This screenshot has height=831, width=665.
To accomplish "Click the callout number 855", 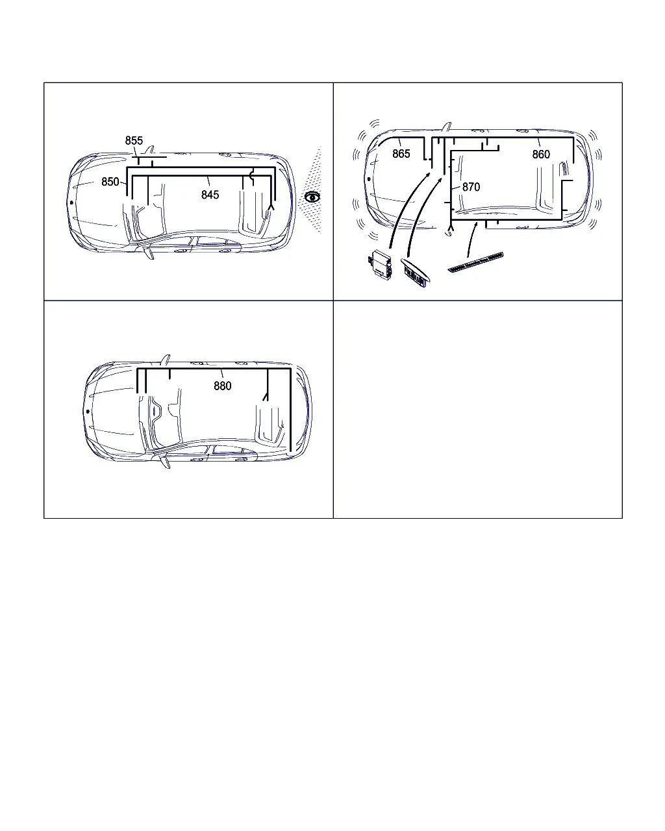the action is pyautogui.click(x=134, y=141).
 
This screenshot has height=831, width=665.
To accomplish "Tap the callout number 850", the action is pyautogui.click(x=110, y=182).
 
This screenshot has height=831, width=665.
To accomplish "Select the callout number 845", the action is pyautogui.click(x=210, y=195).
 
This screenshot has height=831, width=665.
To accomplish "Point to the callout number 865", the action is pyautogui.click(x=401, y=154).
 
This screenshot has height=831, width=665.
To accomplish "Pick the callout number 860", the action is pyautogui.click(x=541, y=155).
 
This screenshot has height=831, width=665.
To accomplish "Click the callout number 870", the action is pyautogui.click(x=471, y=187).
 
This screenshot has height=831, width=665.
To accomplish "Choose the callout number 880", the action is pyautogui.click(x=223, y=386).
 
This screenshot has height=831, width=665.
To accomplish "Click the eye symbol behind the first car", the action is pyautogui.click(x=312, y=197).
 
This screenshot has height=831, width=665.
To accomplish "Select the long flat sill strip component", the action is pyautogui.click(x=476, y=262).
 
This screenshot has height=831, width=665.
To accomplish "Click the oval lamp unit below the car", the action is pyautogui.click(x=416, y=273).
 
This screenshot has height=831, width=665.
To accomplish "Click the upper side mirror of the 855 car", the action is pyautogui.click(x=150, y=150).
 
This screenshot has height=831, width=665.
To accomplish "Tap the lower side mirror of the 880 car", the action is pyautogui.click(x=165, y=462).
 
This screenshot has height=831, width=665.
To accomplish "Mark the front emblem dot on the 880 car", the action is pyautogui.click(x=88, y=411).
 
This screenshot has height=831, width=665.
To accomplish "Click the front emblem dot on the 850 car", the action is pyautogui.click(x=71, y=203).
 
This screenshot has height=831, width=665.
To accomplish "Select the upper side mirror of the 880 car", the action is pyautogui.click(x=166, y=359).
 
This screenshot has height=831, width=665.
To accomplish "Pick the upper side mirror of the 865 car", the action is pyautogui.click(x=447, y=127).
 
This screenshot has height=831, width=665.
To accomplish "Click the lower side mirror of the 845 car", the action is pyautogui.click(x=148, y=253).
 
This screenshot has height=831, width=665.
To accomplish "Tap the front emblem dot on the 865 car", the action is pyautogui.click(x=369, y=179).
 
